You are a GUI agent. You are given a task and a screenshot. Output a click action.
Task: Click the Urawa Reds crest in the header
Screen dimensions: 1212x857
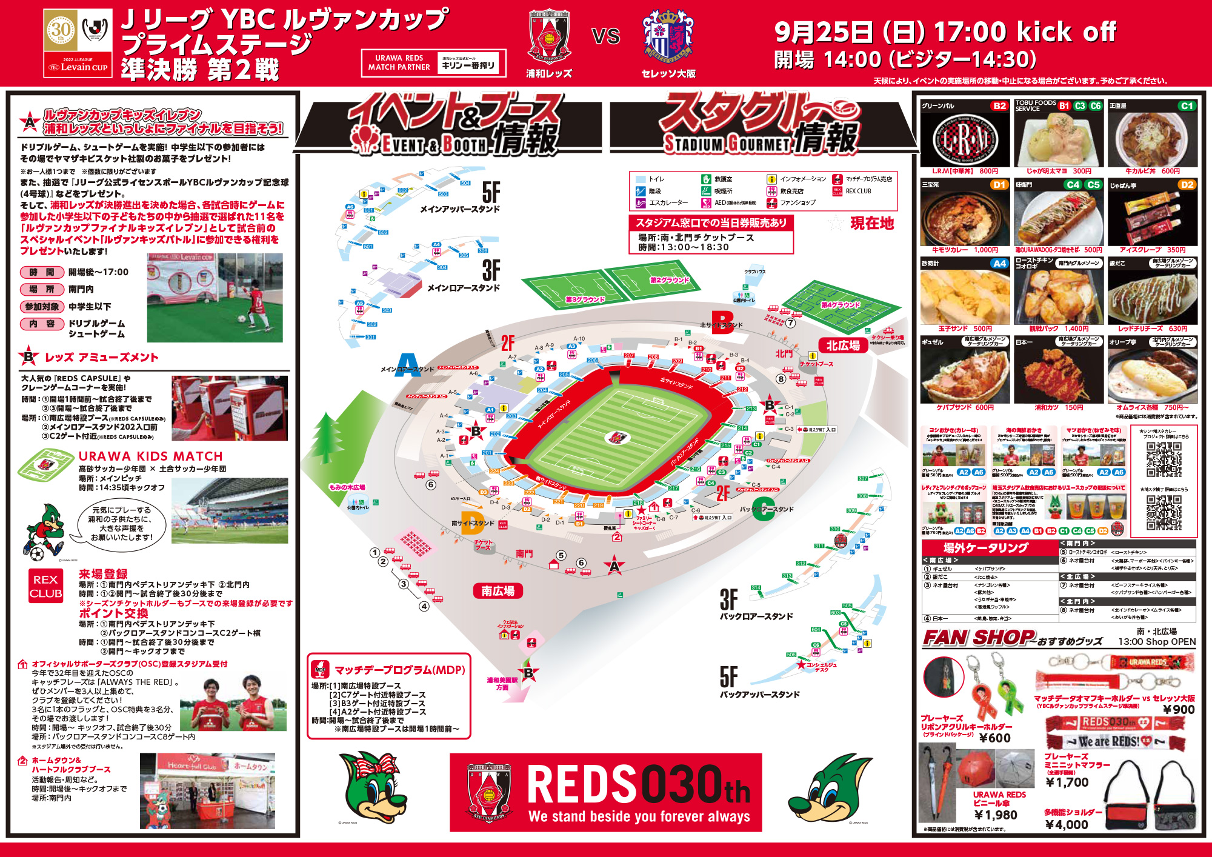click(549, 36)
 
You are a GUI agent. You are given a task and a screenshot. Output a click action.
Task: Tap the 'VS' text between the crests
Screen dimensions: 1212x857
click(606, 36)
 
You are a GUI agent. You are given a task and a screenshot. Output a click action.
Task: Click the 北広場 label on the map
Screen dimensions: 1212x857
click(844, 345)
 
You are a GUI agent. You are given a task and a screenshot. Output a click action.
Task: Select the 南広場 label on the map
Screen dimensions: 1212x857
click(498, 591)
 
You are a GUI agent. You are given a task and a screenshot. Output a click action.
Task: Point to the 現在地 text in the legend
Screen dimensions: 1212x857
click(871, 223)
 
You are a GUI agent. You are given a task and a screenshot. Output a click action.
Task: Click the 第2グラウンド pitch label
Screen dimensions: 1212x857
click(670, 280)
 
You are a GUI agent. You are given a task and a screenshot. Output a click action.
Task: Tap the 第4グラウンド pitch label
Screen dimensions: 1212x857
click(841, 305)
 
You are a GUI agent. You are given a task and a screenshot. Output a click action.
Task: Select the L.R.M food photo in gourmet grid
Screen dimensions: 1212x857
click(965, 140)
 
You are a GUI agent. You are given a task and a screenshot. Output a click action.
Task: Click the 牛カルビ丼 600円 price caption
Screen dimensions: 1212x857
click(1152, 172)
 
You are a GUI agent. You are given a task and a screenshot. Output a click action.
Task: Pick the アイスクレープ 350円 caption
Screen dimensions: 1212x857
click(1152, 250)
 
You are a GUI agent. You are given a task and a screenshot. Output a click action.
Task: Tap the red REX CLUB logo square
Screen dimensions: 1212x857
click(45, 586)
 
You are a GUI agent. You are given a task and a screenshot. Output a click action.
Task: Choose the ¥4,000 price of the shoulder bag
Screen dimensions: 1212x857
click(1067, 824)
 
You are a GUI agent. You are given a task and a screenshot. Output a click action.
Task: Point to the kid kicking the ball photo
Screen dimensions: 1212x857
click(215, 298)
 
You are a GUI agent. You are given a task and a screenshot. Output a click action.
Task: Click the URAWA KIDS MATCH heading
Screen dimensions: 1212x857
click(151, 456)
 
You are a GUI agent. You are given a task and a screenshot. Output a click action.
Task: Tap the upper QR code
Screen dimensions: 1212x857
click(1164, 460)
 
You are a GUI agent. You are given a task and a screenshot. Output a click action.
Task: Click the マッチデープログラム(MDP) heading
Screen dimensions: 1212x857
click(400, 670)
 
